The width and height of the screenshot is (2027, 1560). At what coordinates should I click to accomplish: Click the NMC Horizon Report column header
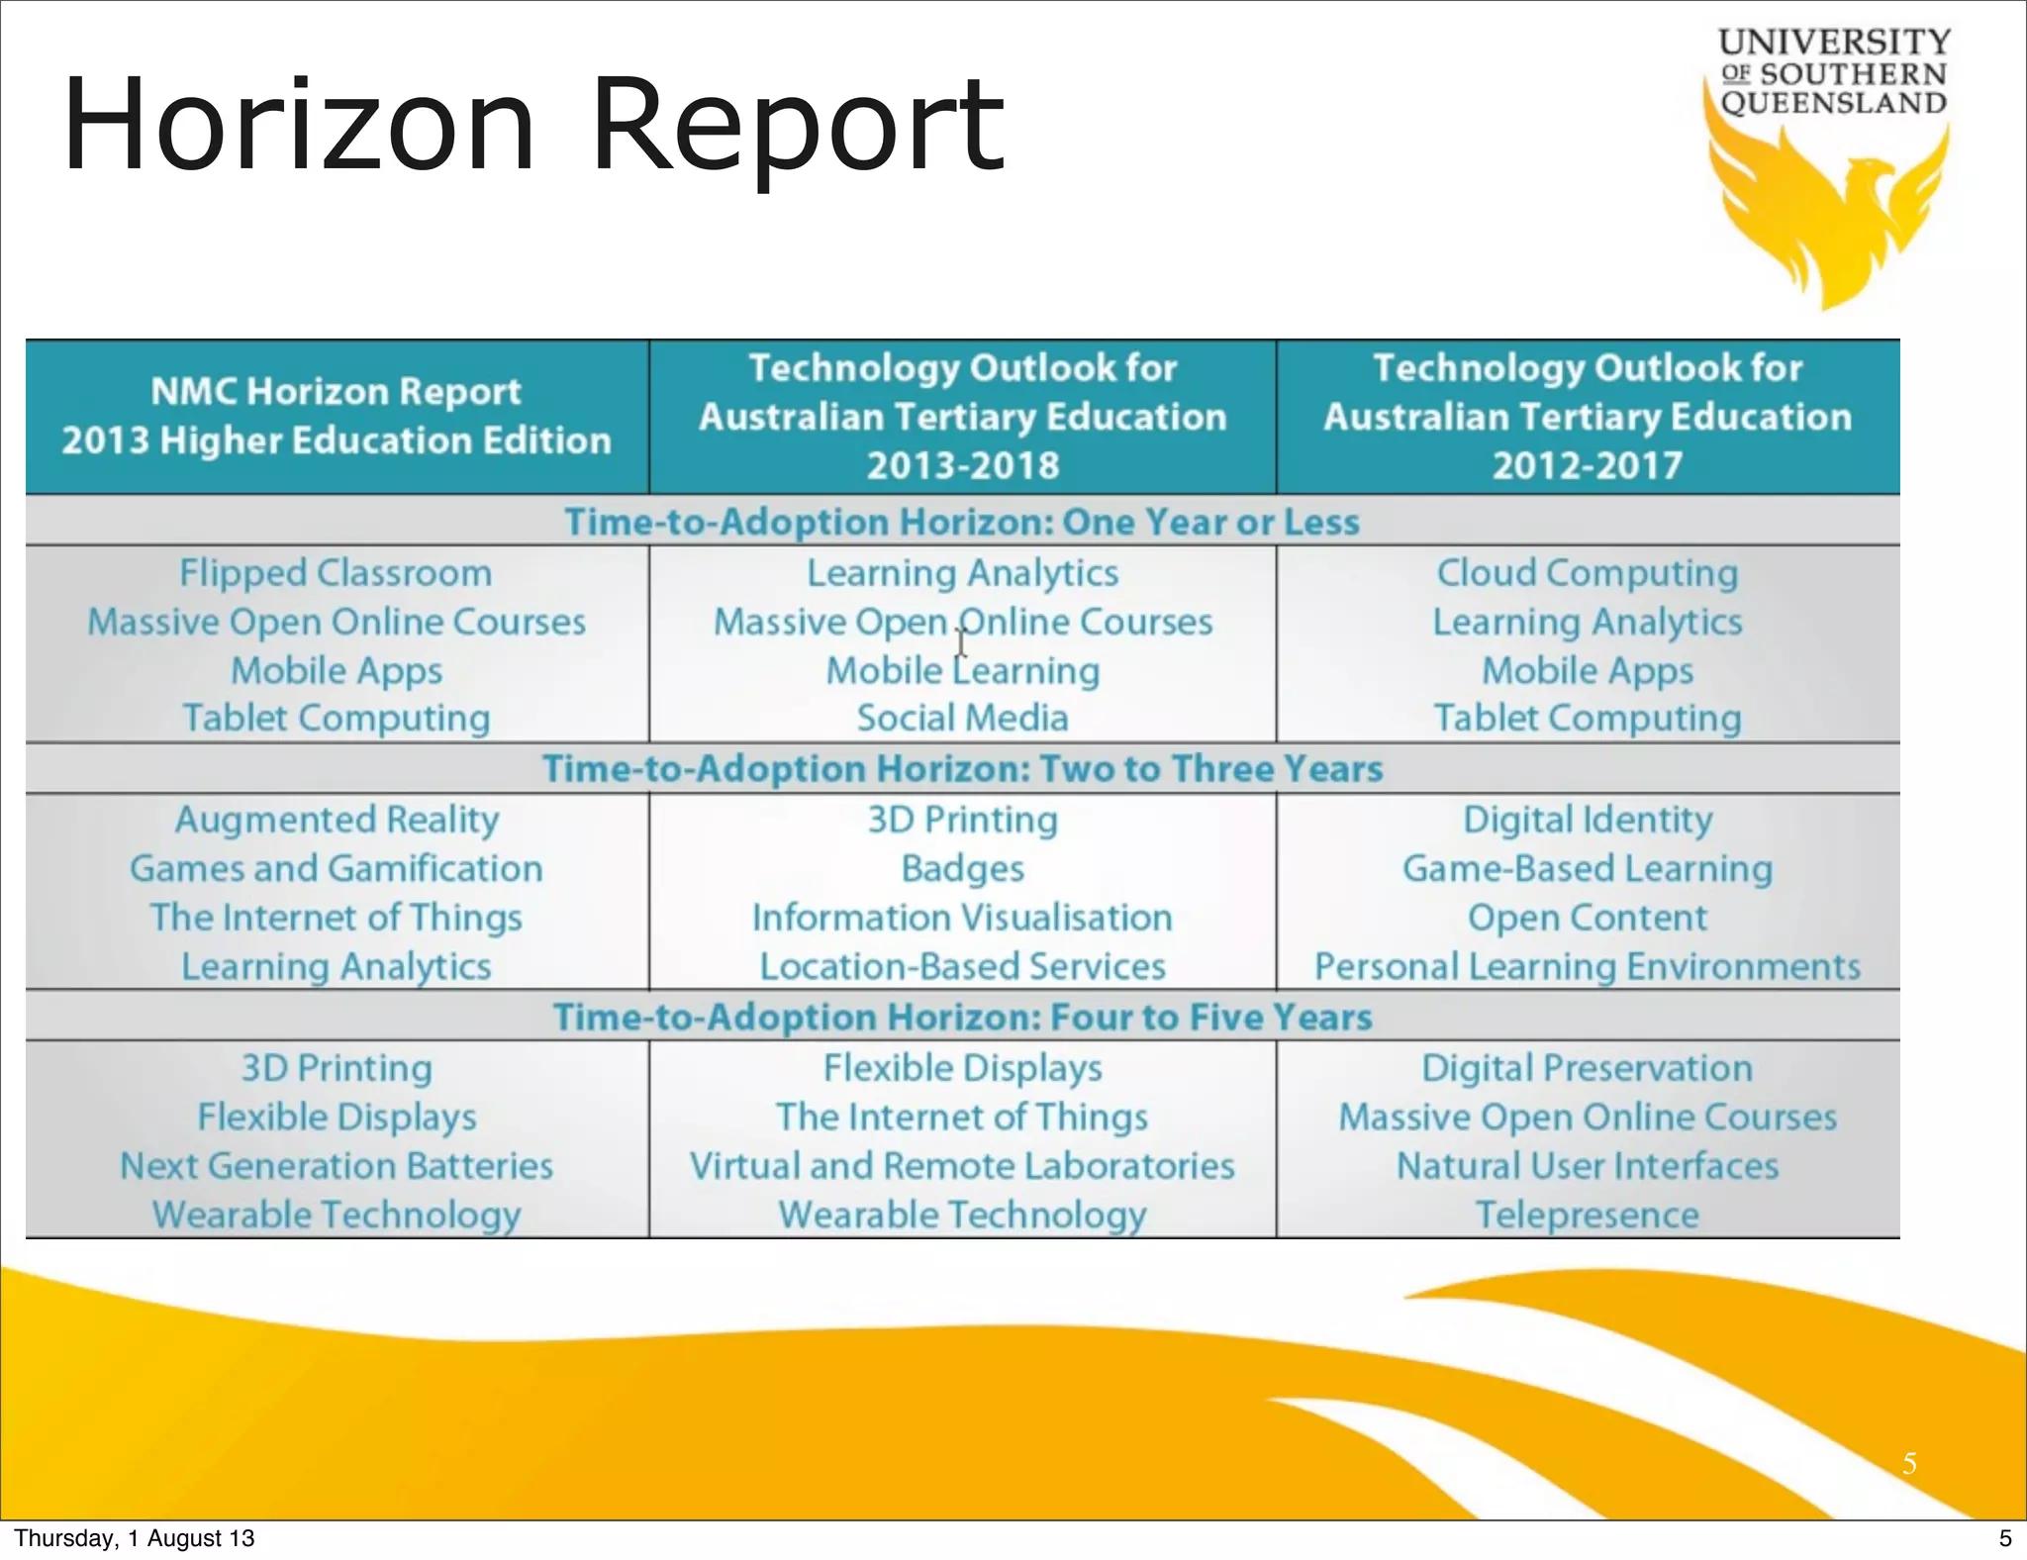point(337,416)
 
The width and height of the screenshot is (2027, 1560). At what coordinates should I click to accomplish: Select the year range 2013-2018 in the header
point(963,465)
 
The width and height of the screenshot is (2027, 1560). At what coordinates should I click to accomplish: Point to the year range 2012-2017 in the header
point(1588,465)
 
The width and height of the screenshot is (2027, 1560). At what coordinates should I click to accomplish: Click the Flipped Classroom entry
point(336,573)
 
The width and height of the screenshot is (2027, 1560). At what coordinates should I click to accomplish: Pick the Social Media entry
point(963,719)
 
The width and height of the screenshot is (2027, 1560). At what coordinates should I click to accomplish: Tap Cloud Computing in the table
point(1588,573)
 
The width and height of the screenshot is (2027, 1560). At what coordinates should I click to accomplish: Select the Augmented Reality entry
point(337,820)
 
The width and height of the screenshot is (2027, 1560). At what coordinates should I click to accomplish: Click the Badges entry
point(963,869)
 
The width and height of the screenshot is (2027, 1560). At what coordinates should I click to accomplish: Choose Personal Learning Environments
point(1588,967)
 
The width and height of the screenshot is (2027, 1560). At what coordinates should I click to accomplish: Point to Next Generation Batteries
point(337,1166)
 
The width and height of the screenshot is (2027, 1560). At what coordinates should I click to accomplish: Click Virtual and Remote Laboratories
point(963,1166)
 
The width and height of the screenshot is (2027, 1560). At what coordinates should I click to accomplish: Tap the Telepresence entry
point(1588,1216)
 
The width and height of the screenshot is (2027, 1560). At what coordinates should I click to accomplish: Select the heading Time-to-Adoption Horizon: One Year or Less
point(962,522)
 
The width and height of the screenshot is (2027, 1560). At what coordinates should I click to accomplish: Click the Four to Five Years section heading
point(962,1018)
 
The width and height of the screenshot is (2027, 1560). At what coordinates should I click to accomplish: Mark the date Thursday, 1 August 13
point(135,1538)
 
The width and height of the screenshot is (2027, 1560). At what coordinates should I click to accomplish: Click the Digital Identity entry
point(1588,820)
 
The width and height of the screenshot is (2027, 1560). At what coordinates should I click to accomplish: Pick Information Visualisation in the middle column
point(963,918)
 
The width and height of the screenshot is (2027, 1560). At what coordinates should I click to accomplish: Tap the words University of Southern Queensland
point(1834,72)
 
